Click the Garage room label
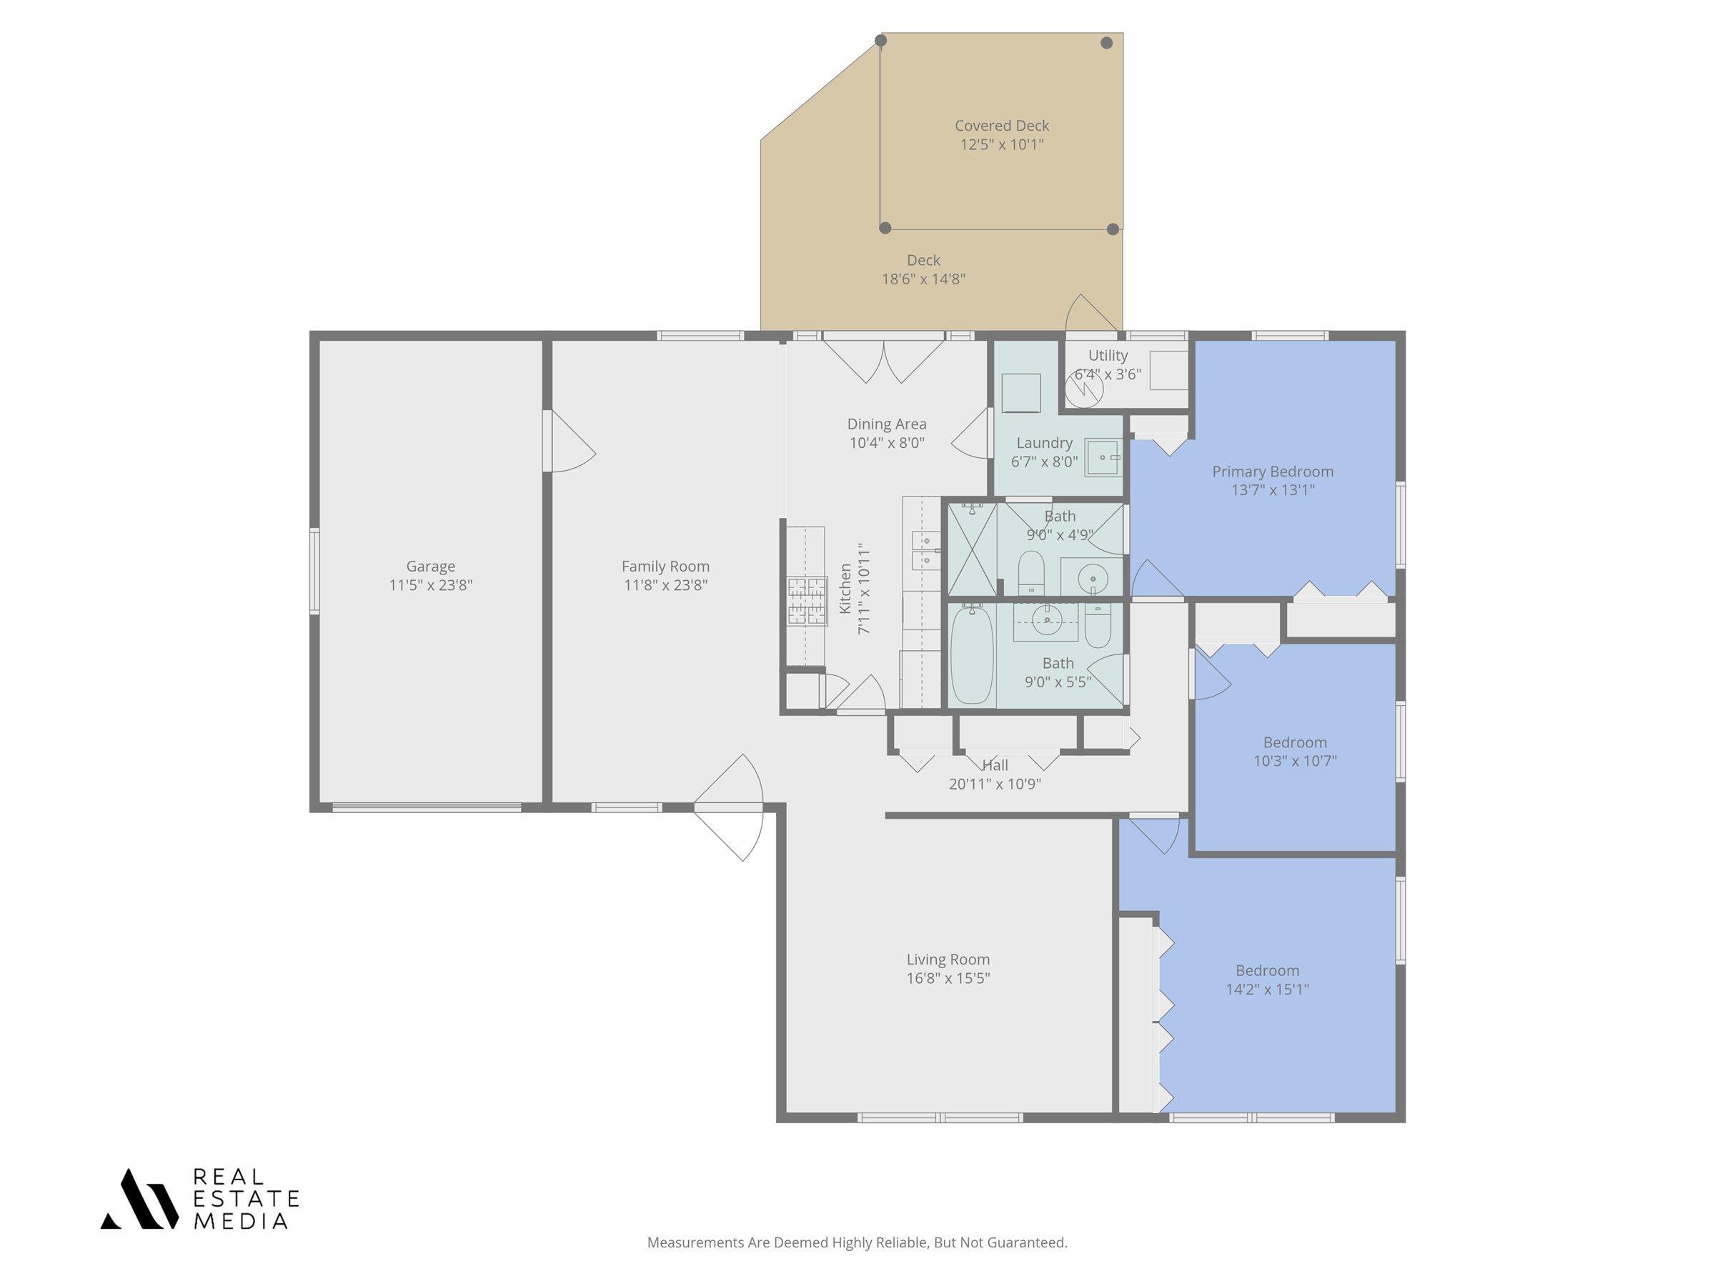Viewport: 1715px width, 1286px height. click(x=430, y=567)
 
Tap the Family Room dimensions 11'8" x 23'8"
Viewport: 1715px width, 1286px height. click(x=665, y=585)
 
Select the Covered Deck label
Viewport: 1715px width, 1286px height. click(x=1002, y=126)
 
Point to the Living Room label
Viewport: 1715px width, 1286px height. click(x=948, y=959)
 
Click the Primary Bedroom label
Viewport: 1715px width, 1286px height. click(x=1273, y=472)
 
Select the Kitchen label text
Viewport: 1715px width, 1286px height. click(x=845, y=589)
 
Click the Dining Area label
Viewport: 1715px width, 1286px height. click(x=886, y=424)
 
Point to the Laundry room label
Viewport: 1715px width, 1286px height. click(x=1044, y=443)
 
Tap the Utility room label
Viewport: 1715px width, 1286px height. click(x=1107, y=355)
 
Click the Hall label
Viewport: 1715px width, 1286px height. click(x=995, y=765)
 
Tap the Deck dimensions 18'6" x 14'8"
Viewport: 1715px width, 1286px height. click(x=923, y=279)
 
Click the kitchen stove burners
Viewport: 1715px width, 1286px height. click(x=807, y=601)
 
